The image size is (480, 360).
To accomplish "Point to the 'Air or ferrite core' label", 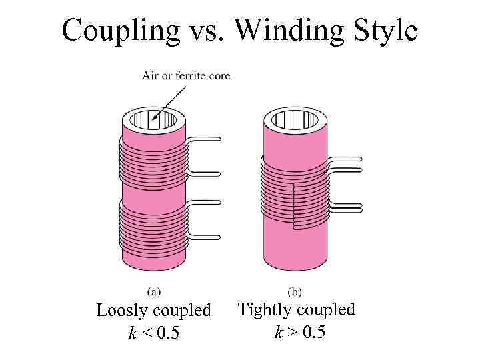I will [186, 76].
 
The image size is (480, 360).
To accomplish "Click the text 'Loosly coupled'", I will [154, 311].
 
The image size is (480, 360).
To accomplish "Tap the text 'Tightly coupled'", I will [297, 309].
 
